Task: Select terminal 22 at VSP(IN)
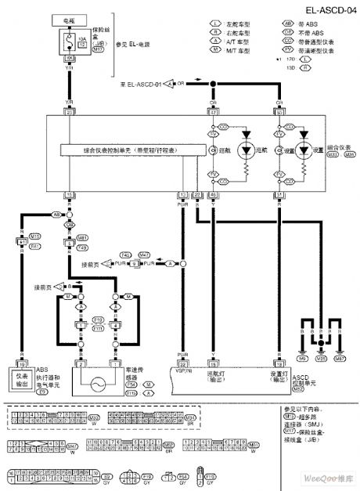pos(183,364)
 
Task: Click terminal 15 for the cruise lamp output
pos(213,364)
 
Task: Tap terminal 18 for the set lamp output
pos(280,364)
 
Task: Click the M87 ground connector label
pos(339,358)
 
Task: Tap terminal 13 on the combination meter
pos(183,193)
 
